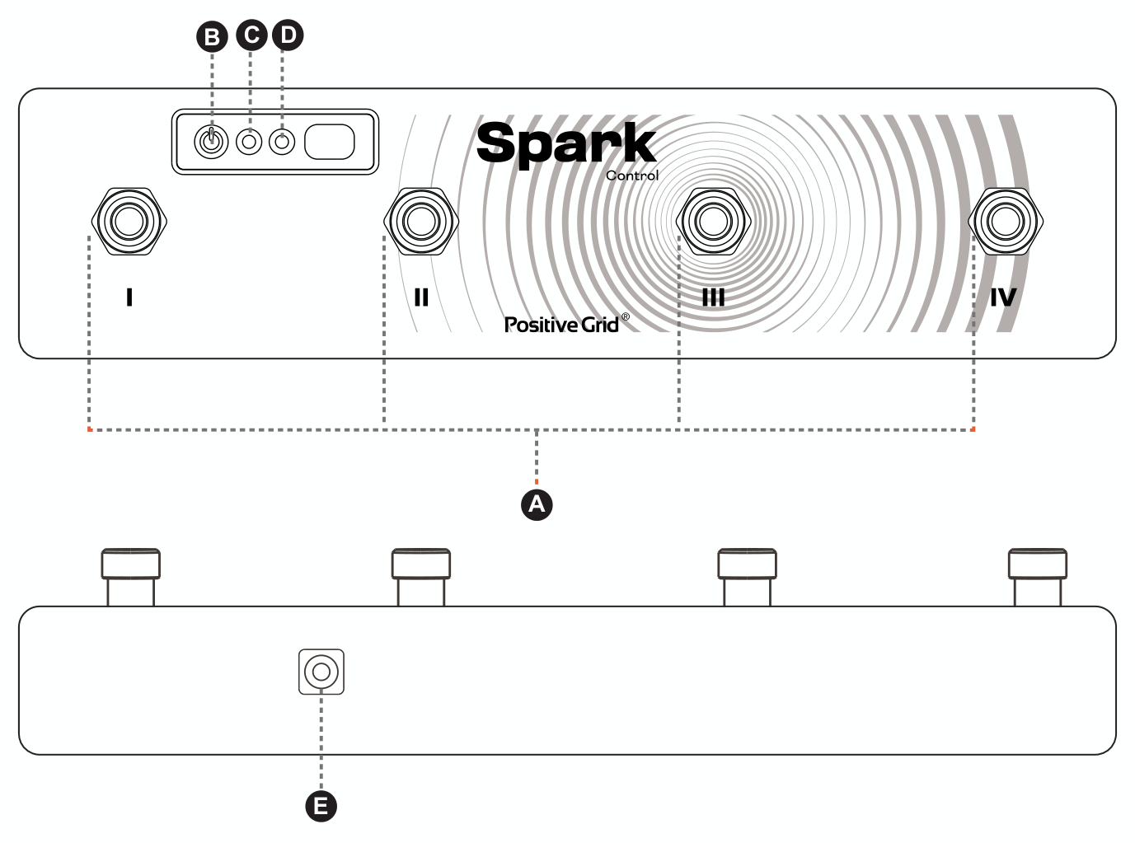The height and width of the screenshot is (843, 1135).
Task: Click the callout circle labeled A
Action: pyautogui.click(x=537, y=504)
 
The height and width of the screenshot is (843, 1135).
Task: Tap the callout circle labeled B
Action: pyautogui.click(x=212, y=37)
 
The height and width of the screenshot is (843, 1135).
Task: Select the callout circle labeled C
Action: pyautogui.click(x=251, y=35)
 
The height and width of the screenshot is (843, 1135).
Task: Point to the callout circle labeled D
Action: pyautogui.click(x=288, y=35)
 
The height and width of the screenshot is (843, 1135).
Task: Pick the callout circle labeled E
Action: pyautogui.click(x=321, y=806)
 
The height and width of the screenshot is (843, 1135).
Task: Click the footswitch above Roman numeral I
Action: pyautogui.click(x=129, y=221)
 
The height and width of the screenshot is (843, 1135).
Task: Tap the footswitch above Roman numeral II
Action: pyautogui.click(x=421, y=221)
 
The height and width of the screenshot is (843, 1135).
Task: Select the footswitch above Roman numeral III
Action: pyautogui.click(x=713, y=221)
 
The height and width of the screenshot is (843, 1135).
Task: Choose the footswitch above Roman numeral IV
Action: pyautogui.click(x=1006, y=221)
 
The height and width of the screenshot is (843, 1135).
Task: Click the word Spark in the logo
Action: pyautogui.click(x=566, y=143)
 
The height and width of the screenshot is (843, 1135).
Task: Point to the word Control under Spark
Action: pyautogui.click(x=632, y=176)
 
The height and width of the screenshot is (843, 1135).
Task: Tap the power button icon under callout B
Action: pyautogui.click(x=211, y=141)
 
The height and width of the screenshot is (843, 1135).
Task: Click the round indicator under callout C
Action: pyautogui.click(x=249, y=142)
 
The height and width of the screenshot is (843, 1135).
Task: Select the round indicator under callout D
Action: pyautogui.click(x=282, y=142)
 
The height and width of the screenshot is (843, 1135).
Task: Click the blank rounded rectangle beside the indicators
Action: pyautogui.click(x=330, y=142)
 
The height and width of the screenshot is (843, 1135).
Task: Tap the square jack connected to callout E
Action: pyautogui.click(x=321, y=672)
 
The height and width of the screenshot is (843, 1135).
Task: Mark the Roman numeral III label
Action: pyautogui.click(x=713, y=297)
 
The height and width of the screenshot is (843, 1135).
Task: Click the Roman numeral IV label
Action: pyautogui.click(x=1003, y=297)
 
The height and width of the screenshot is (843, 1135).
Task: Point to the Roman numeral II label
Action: pyautogui.click(x=421, y=297)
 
